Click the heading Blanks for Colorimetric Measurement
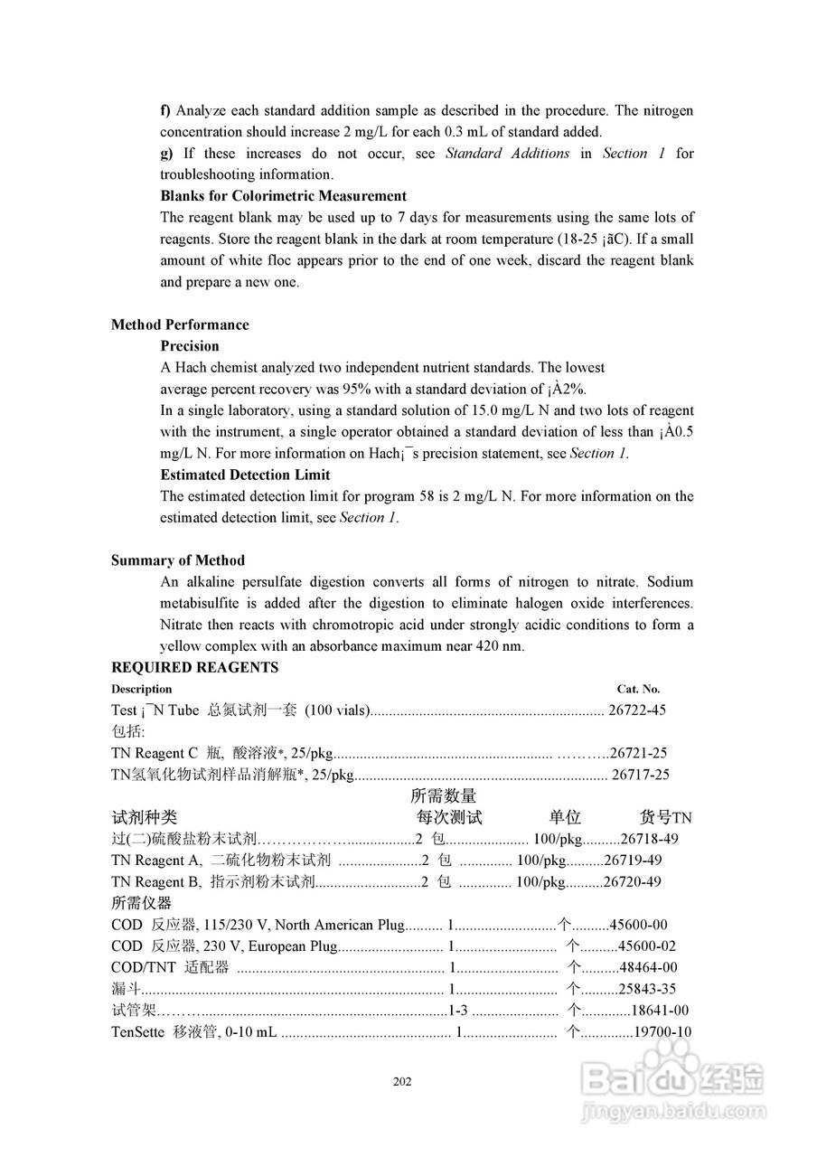[x=283, y=196]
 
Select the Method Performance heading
[x=180, y=325]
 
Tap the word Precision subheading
[x=190, y=346]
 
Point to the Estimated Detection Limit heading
[x=245, y=475]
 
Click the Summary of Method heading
[x=177, y=560]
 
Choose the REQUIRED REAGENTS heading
[x=194, y=668]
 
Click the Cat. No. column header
[x=638, y=689]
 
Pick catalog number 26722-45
[x=638, y=710]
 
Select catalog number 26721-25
[x=639, y=753]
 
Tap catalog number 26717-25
[x=641, y=775]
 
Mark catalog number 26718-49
[x=649, y=839]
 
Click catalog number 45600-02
[x=646, y=946]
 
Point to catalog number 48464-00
[x=647, y=968]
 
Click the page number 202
[x=403, y=1082]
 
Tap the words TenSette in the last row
[x=138, y=1032]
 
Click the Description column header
[x=141, y=689]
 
